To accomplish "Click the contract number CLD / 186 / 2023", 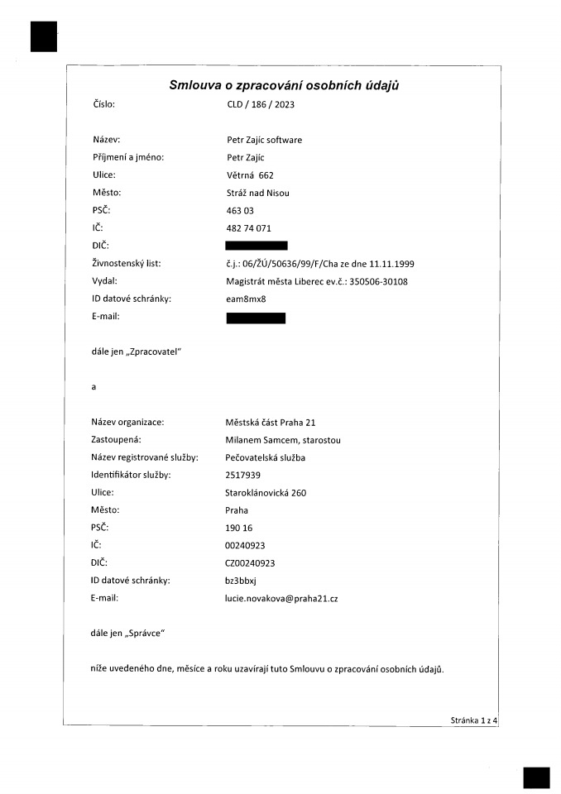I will click(x=261, y=105).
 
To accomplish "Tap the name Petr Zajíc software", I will click(x=264, y=140).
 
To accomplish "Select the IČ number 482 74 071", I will click(x=248, y=227).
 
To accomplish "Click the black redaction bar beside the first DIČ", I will click(x=257, y=246).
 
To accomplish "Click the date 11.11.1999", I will click(x=391, y=264).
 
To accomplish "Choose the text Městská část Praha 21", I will click(x=271, y=422).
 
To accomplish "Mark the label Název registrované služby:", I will click(x=145, y=457).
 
